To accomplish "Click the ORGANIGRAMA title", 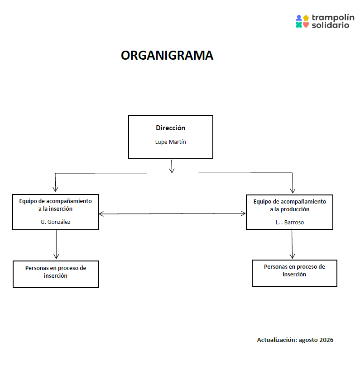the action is (x=167, y=55).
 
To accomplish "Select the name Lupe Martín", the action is (x=171, y=142).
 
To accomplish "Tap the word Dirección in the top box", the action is (x=171, y=128).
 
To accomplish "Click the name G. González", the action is (x=55, y=222).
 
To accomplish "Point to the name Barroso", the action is (x=294, y=223).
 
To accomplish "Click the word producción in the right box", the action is (x=295, y=209).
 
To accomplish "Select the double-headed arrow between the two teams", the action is (x=172, y=213).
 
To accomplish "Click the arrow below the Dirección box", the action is (x=172, y=166).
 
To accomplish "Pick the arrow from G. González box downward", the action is (x=56, y=244).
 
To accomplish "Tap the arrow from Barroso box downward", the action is (x=292, y=244).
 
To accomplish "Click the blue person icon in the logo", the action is (x=299, y=18).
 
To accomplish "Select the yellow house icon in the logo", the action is (x=306, y=18).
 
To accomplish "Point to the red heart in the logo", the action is (x=306, y=25).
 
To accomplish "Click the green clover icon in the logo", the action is (x=299, y=25).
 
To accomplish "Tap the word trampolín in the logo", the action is (x=333, y=18).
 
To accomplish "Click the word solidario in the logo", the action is (x=331, y=25).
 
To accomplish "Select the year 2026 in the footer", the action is (x=326, y=340).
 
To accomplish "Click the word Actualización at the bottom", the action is (x=277, y=340).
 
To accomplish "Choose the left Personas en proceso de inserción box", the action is (x=56, y=274).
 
